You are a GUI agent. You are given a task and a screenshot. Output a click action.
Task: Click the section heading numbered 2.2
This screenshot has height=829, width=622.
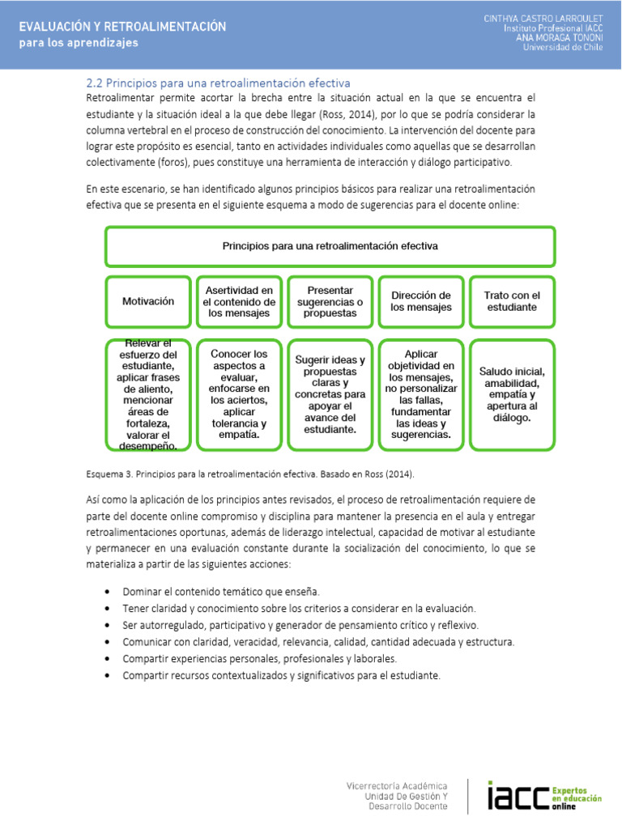218,83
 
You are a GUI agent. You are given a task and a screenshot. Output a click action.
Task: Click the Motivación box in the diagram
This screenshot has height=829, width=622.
148,301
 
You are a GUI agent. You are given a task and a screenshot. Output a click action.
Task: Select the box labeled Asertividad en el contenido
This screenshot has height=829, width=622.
239,301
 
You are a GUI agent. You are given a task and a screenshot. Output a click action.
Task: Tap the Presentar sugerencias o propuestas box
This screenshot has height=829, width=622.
330,301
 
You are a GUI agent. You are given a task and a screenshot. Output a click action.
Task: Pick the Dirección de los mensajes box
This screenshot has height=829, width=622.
421,301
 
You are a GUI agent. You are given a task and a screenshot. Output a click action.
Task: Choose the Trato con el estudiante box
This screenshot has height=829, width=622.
512,301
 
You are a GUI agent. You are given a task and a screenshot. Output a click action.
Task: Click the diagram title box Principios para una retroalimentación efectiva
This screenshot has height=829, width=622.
330,246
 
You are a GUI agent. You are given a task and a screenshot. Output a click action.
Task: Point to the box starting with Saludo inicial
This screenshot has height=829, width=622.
512,394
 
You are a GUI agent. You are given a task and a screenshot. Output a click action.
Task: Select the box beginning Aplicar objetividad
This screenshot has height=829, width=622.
421,394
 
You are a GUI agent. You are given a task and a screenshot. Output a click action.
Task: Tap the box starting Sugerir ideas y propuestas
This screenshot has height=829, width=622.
330,394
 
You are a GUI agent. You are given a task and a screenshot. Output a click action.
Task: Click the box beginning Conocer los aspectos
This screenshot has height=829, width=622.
239,394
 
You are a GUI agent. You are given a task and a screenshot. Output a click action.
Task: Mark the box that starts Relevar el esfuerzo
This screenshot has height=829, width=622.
148,394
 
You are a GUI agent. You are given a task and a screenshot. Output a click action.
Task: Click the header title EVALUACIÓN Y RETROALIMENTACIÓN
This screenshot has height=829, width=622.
122,27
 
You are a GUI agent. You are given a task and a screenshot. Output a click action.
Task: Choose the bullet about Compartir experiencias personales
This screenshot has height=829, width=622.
259,658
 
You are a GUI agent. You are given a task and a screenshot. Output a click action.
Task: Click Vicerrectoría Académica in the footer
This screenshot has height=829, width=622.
396,785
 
